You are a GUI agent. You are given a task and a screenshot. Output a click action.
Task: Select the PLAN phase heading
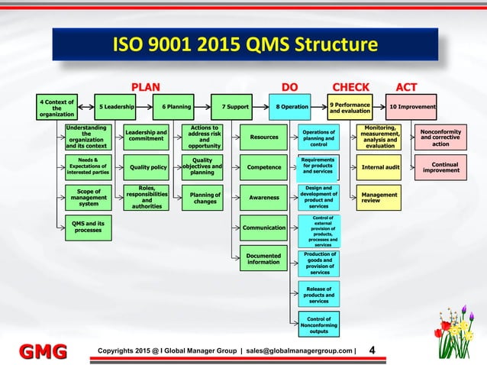(147, 86)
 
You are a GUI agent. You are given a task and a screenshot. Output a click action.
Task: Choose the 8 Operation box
(292, 108)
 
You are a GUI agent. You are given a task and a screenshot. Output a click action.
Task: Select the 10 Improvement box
(412, 108)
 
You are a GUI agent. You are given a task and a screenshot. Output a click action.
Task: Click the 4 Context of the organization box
(58, 108)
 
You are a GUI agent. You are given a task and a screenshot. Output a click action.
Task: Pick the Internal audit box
(380, 166)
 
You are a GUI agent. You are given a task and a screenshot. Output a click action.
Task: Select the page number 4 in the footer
(372, 350)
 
